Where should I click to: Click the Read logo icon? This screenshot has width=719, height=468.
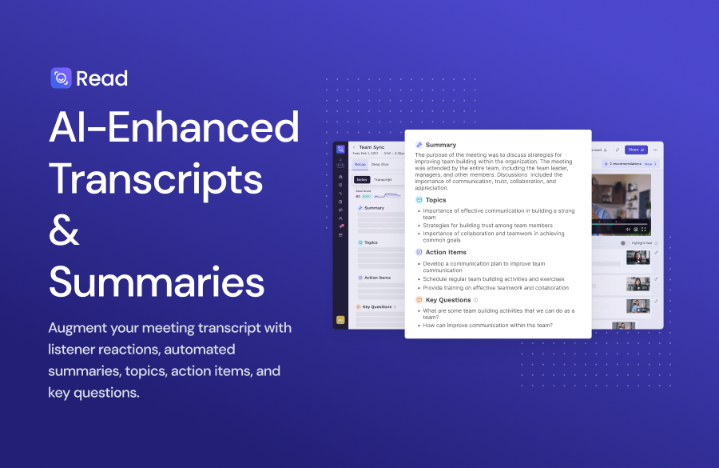pyautogui.click(x=61, y=78)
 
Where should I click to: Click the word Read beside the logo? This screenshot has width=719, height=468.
pyautogui.click(x=102, y=78)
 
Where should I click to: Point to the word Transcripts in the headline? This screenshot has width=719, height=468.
pyautogui.click(x=156, y=179)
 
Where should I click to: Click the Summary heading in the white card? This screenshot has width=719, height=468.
pyautogui.click(x=441, y=145)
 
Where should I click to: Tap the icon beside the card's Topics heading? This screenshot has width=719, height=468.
pyautogui.click(x=419, y=200)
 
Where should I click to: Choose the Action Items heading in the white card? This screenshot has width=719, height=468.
pyautogui.click(x=446, y=252)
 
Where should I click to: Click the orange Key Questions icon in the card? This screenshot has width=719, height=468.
pyautogui.click(x=419, y=300)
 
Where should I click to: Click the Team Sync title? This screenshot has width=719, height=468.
pyautogui.click(x=372, y=147)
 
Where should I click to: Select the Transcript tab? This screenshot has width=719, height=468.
pyautogui.click(x=383, y=180)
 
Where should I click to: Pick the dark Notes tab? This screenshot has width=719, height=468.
pyautogui.click(x=362, y=180)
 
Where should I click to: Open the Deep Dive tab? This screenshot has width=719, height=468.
pyautogui.click(x=379, y=164)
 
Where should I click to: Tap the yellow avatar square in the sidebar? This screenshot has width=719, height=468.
pyautogui.click(x=340, y=319)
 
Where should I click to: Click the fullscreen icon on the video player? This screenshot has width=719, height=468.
pyautogui.click(x=646, y=229)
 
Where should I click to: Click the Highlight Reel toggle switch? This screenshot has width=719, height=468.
pyautogui.click(x=623, y=242)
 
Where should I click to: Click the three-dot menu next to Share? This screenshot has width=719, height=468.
pyautogui.click(x=655, y=150)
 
